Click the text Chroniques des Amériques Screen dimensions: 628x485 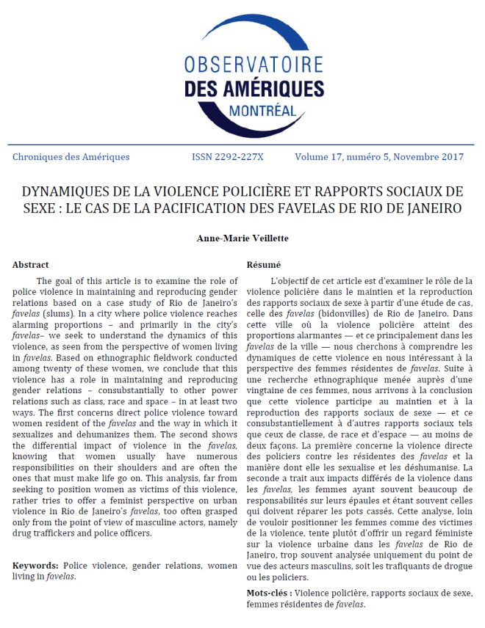[71, 157]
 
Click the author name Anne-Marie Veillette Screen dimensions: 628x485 [242, 238]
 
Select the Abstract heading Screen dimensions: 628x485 [31, 265]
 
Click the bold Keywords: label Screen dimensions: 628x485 [36, 566]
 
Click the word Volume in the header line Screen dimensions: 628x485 [314, 157]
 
